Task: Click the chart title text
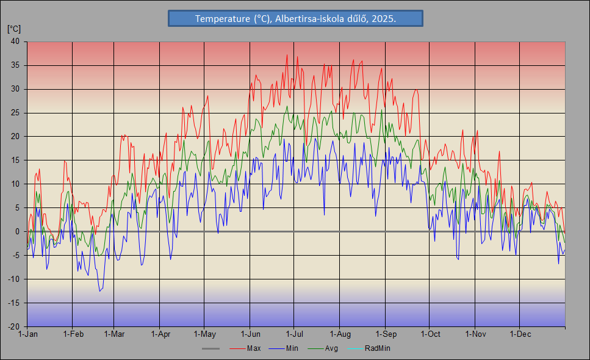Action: tap(295, 19)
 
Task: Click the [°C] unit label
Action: tap(13, 29)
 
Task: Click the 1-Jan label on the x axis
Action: tap(28, 334)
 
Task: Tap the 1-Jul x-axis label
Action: tap(295, 334)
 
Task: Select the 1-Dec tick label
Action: tap(520, 334)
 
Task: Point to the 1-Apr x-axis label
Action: tap(160, 334)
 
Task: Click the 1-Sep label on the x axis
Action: tap(386, 334)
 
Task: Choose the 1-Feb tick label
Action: tap(73, 334)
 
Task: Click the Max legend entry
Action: tap(254, 348)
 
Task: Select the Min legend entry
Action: tap(292, 348)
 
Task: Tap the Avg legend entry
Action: tap(331, 348)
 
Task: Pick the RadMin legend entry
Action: tap(377, 348)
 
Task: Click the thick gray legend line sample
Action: tap(210, 348)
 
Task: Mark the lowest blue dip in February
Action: tap(99, 291)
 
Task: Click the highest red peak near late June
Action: tap(287, 55)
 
